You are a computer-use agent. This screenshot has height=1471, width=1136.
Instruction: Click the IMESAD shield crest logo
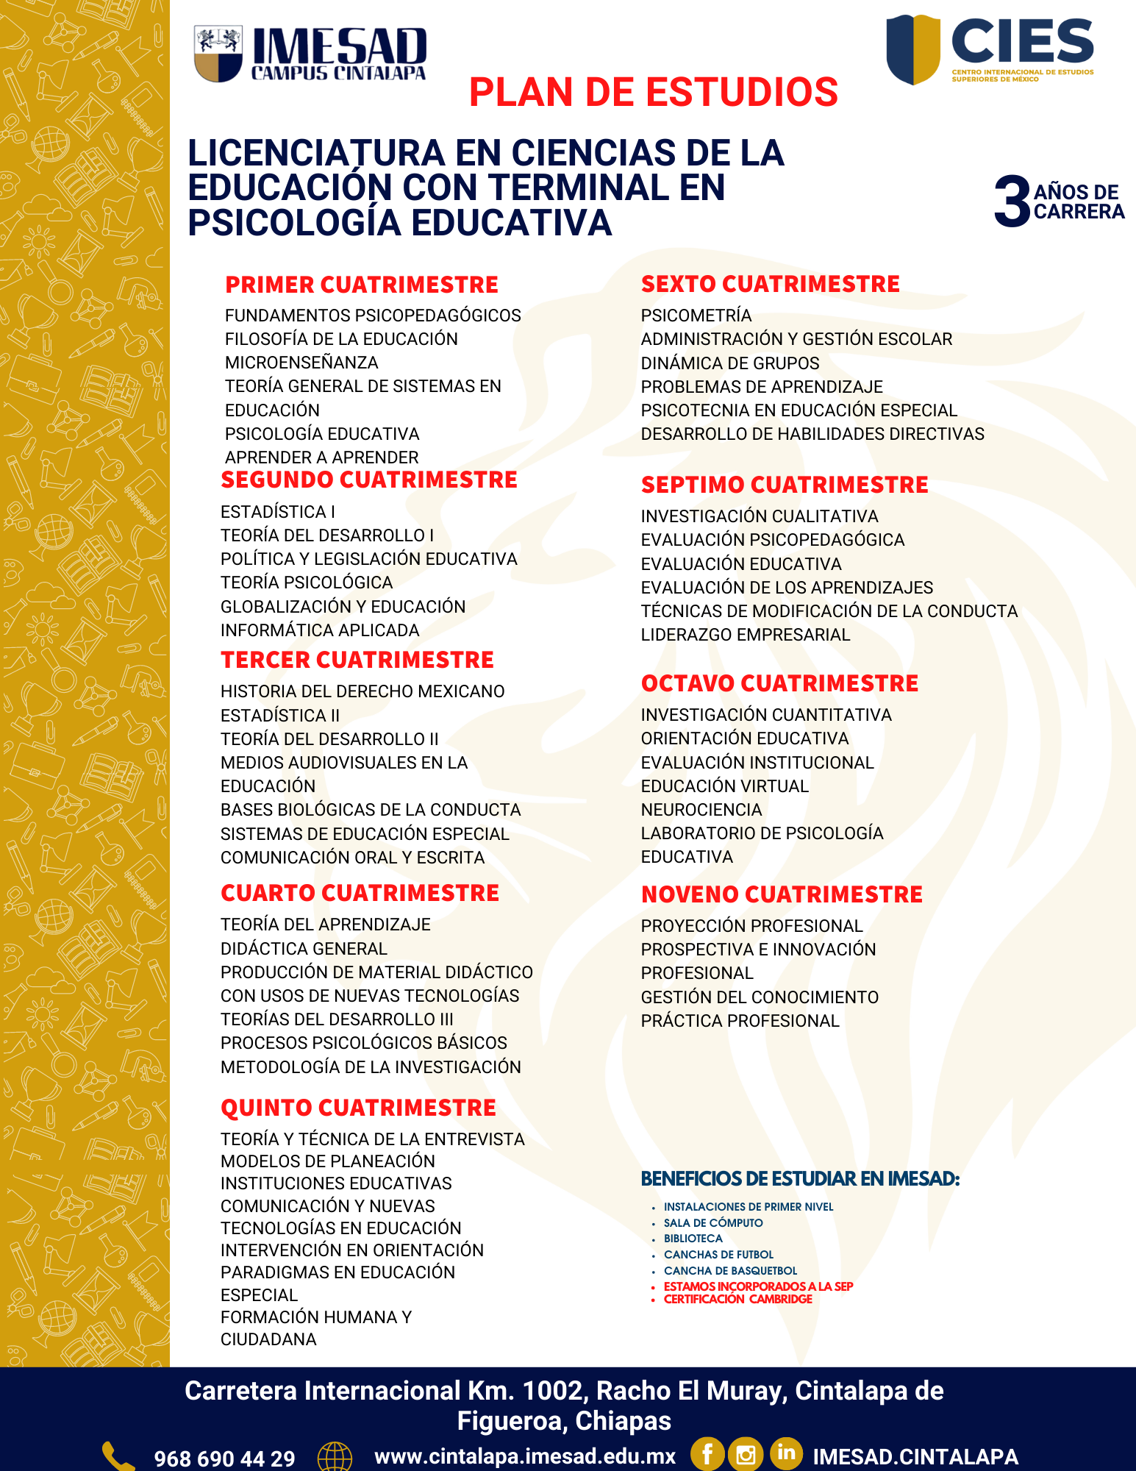tap(218, 53)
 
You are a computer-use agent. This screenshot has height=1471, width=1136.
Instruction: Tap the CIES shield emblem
tap(912, 49)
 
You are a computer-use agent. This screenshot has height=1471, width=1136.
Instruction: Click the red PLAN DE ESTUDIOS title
tap(653, 93)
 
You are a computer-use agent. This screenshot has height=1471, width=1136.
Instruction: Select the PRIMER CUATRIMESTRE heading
tap(361, 285)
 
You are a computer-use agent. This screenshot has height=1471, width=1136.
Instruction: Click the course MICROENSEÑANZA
tap(301, 363)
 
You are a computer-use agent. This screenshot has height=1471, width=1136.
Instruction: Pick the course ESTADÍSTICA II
tap(280, 716)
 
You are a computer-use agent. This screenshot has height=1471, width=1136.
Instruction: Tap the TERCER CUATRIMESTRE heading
tap(357, 660)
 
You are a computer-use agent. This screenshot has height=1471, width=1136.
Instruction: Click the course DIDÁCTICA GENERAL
tap(304, 949)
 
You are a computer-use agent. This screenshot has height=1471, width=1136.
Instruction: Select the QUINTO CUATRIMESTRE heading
tap(358, 1108)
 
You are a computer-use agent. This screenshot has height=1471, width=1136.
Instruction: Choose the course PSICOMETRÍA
tap(696, 316)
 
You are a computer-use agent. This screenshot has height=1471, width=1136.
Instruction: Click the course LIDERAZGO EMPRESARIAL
tap(745, 635)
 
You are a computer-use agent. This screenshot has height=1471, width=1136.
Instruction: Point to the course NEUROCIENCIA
tap(701, 810)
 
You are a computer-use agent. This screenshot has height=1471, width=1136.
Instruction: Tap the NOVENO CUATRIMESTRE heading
tap(782, 894)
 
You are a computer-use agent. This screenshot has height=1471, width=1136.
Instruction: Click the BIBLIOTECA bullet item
tap(693, 1239)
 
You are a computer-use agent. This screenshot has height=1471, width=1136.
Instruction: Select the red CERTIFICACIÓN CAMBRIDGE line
tap(737, 1299)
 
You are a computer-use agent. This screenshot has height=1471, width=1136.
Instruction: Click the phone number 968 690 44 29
tap(224, 1458)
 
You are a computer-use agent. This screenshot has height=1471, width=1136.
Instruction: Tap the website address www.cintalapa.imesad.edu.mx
tap(524, 1456)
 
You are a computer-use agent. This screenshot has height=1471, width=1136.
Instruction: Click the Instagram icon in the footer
tap(746, 1454)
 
